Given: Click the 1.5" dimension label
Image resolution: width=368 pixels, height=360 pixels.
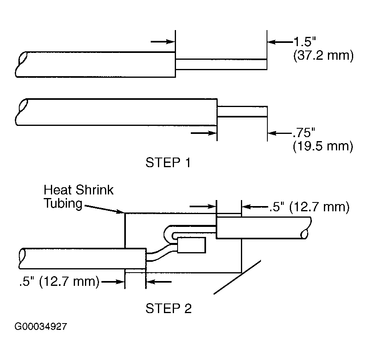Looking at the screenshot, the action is pos(305,42).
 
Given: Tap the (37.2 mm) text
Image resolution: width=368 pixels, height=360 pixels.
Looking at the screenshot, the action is pos(324,55).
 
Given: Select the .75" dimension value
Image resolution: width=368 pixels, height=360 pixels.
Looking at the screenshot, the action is pos(303,133).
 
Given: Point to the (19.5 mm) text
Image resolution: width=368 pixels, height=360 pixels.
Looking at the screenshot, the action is pos(323,146).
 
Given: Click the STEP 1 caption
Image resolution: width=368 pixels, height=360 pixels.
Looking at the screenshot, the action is pos(168,162).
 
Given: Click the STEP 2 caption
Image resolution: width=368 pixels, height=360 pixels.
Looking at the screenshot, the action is pos(168,308).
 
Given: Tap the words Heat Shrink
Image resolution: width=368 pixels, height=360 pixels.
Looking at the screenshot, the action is pos(79,190).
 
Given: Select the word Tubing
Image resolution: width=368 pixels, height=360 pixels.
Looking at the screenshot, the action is pos(63,203).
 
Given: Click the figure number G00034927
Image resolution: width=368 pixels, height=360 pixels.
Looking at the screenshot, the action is pos(41,326).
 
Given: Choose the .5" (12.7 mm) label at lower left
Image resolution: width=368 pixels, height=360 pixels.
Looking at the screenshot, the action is pos(59,281).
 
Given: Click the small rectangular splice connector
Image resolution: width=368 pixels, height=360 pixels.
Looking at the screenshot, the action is pos(192,245).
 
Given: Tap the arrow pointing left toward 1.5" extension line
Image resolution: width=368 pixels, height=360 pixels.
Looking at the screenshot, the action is pos(280,42).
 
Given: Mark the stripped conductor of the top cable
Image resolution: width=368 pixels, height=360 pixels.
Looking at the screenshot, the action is pos(221,64).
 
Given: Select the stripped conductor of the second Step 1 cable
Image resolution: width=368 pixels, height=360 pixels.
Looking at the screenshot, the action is pos(242,111).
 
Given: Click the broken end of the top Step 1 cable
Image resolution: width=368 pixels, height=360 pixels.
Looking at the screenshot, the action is pos(21,64).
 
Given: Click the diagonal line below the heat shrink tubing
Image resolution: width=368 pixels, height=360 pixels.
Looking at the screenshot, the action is pos(237,277).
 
